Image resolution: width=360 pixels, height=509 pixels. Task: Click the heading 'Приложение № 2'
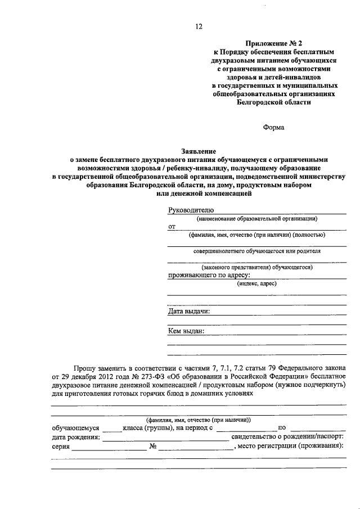(273, 43)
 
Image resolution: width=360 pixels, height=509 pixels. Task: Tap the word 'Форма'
(274, 127)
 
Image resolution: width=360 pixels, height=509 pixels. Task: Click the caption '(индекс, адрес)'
(257, 283)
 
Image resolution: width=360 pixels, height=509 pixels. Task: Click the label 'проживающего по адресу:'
(209, 275)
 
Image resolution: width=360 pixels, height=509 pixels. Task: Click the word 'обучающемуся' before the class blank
(75, 428)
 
